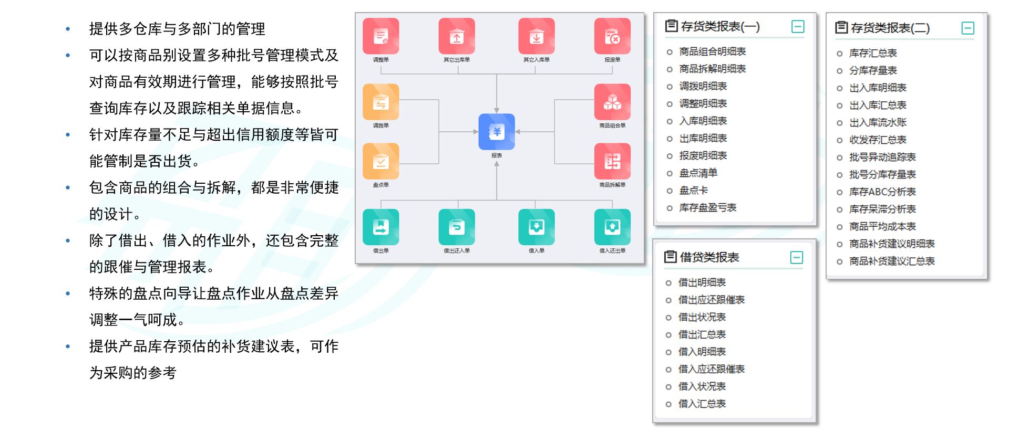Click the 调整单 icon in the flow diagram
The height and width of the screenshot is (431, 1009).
[x=380, y=36]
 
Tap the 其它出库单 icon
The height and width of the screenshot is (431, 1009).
[x=457, y=36]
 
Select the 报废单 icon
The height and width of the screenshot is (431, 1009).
[x=612, y=36]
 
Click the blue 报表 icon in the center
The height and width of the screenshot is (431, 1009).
[x=497, y=132]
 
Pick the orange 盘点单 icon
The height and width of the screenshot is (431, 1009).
[x=380, y=161]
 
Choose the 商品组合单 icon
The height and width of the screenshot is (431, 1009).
[x=612, y=102]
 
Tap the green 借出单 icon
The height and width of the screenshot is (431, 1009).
[x=380, y=227]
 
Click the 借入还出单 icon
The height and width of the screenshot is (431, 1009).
[x=612, y=227]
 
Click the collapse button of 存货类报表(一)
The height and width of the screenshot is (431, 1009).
[x=798, y=27]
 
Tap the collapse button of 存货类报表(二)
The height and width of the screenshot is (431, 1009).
[x=967, y=28]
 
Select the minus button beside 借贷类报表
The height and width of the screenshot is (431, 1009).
[x=797, y=257]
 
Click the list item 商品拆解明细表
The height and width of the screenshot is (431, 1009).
[x=712, y=69]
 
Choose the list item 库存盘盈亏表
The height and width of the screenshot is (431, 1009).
[x=707, y=208]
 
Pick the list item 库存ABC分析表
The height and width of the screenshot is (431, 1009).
[x=882, y=192]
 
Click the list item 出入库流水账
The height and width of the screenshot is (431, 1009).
[x=878, y=123]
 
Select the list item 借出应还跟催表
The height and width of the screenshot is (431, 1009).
[x=711, y=300]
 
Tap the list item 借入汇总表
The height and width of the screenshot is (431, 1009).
[x=702, y=404]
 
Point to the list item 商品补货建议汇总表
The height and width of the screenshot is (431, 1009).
[x=892, y=261]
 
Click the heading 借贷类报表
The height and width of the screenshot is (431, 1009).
[x=709, y=257]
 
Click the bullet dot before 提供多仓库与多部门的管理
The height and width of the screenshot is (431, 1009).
[x=68, y=29]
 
